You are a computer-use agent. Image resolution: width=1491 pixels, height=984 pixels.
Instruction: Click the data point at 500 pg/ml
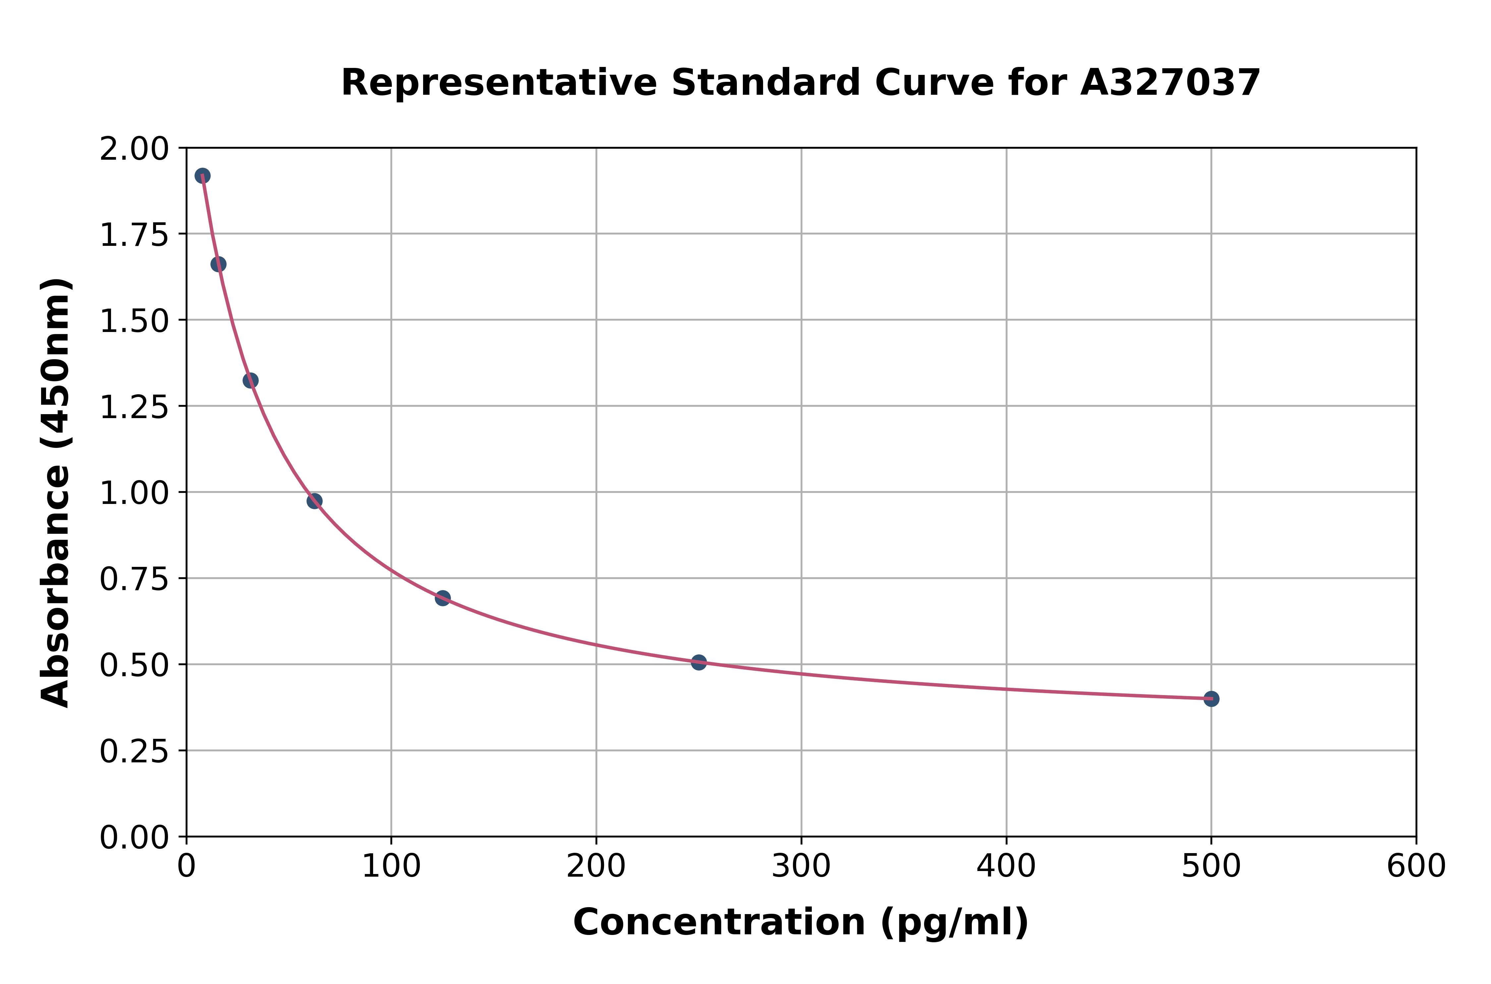(x=1211, y=698)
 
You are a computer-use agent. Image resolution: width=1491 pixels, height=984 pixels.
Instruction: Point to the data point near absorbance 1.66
(x=218, y=264)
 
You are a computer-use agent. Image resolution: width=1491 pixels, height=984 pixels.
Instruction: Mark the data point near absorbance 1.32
(x=250, y=380)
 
